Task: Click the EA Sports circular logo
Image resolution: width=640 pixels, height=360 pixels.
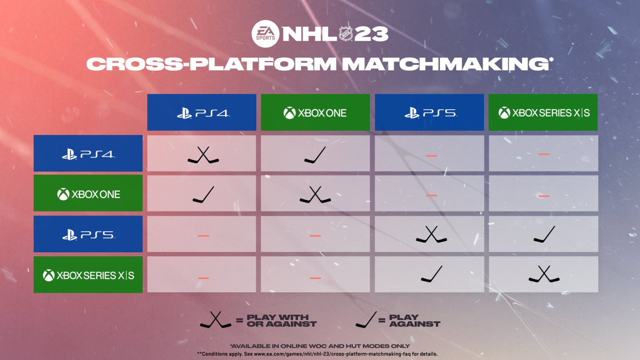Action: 266,34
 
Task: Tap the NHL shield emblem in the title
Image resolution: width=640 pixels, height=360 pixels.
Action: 346,34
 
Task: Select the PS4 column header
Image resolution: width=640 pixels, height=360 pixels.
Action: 202,113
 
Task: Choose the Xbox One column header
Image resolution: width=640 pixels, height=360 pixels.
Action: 315,113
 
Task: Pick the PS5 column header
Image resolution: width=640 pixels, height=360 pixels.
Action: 429,113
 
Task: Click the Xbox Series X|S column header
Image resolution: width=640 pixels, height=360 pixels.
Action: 543,113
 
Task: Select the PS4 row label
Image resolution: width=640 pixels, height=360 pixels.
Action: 88,153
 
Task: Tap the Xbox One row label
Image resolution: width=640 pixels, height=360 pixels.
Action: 88,193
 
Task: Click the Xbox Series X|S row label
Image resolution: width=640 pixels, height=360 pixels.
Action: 88,275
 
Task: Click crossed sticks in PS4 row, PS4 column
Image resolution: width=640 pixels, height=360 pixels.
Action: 203,155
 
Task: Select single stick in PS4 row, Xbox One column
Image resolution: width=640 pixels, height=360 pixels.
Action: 315,155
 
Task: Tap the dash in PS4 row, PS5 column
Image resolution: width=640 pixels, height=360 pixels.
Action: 431,155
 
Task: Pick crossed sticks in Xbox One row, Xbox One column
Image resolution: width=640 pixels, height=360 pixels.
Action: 315,195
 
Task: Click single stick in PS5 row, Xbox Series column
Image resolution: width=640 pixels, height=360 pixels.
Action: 544,235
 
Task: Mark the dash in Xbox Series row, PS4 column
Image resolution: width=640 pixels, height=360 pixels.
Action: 203,278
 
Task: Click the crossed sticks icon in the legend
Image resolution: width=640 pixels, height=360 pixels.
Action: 215,320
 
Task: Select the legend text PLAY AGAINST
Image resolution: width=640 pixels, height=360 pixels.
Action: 415,320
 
